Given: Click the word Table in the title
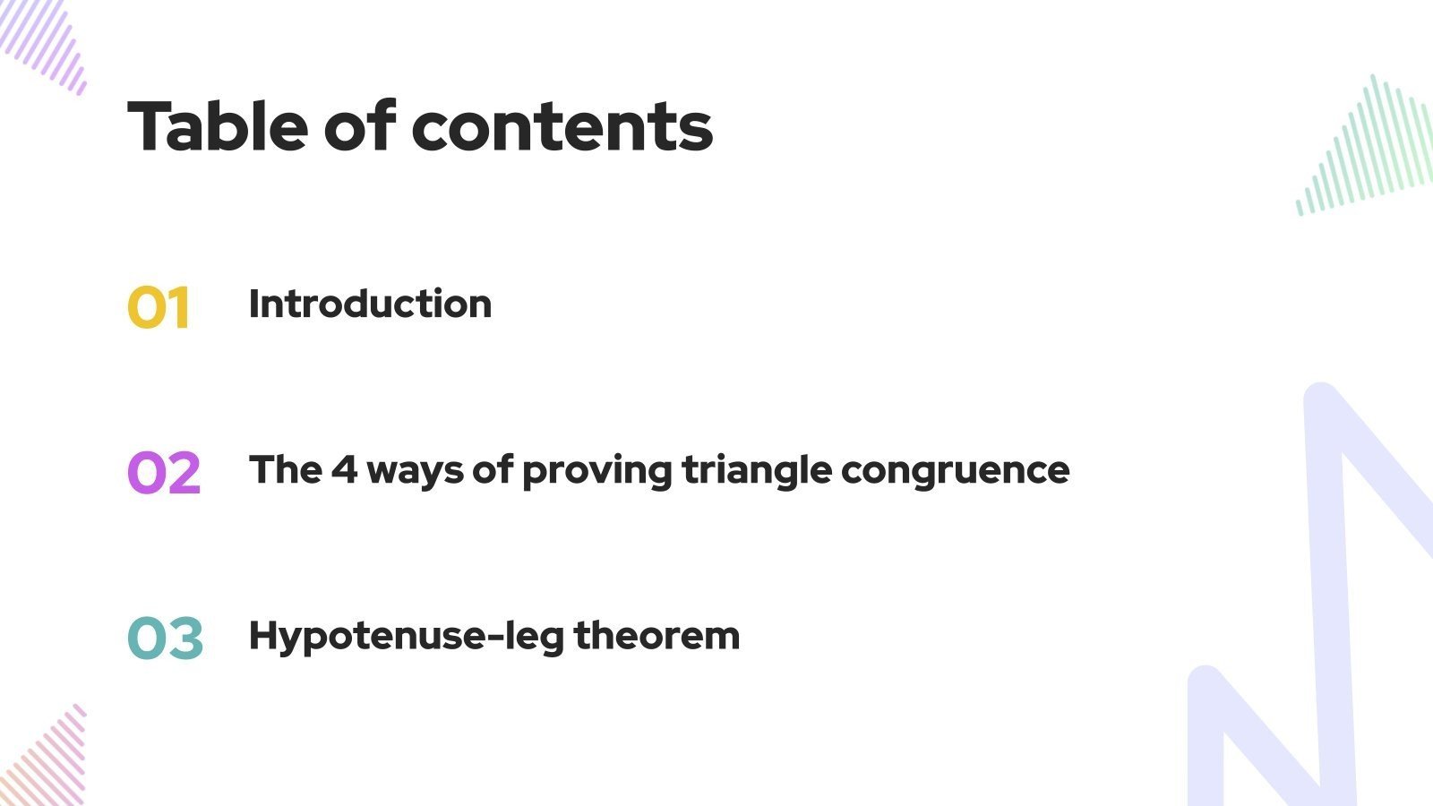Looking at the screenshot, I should [218, 126].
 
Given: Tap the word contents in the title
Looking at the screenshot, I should [562, 126].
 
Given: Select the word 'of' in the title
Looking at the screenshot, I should [358, 126].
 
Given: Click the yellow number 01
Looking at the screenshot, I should [159, 308].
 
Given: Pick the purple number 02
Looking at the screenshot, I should [164, 473].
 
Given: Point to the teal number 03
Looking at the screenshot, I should [166, 639].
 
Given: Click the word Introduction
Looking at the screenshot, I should [370, 304].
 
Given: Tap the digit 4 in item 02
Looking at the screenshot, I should [344, 469].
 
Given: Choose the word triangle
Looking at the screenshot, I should [757, 470].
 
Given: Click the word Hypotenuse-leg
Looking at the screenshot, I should [406, 637].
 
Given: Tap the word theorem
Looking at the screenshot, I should [656, 636].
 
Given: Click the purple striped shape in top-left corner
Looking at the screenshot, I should [45, 40].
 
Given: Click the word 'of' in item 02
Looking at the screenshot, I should [492, 469].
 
